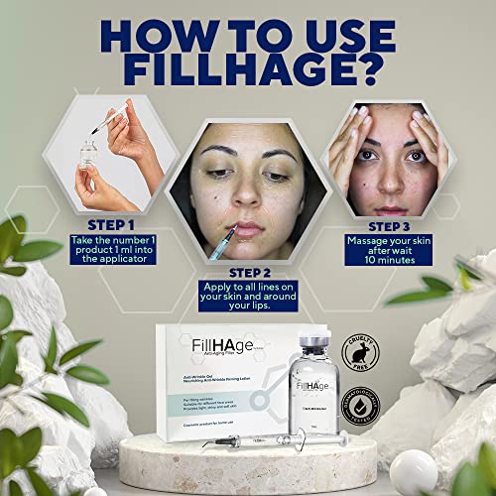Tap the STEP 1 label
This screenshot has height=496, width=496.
tap(108, 226)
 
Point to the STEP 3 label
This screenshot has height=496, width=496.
tap(383, 224)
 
